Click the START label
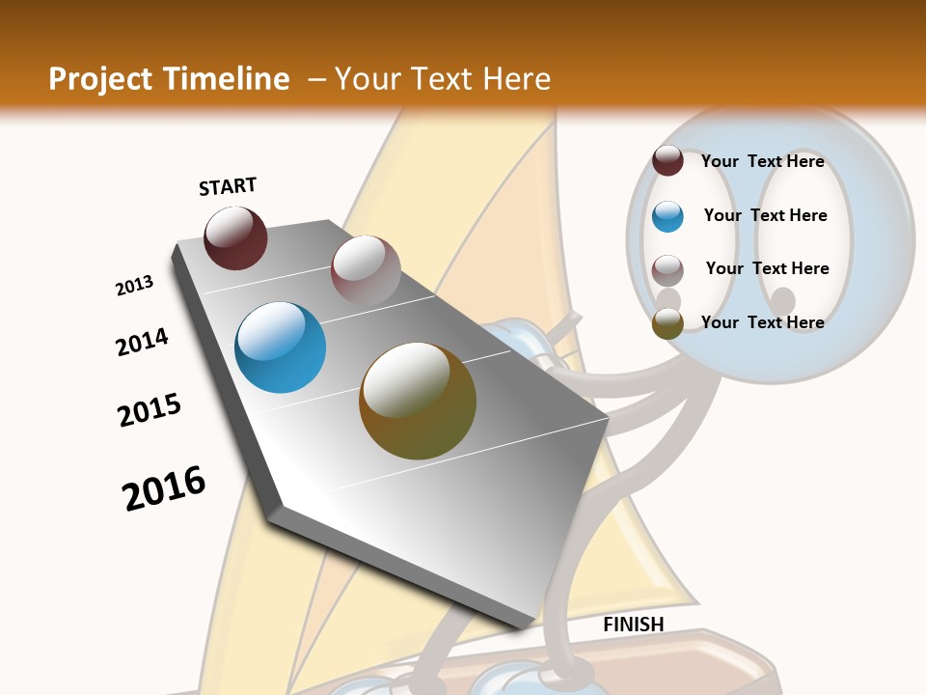click(228, 186)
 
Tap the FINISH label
click(634, 625)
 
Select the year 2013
click(134, 286)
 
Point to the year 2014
click(142, 343)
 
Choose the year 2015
click(150, 410)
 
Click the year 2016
click(164, 487)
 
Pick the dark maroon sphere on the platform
click(235, 237)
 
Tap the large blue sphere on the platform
click(281, 347)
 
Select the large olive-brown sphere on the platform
click(418, 401)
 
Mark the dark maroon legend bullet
click(667, 161)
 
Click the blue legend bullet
click(667, 216)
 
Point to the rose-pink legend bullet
click(667, 270)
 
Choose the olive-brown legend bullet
click(667, 324)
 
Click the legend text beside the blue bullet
click(765, 215)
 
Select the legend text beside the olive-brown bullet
click(762, 322)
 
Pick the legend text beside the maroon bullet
click(762, 161)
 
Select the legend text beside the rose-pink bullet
click(767, 268)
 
